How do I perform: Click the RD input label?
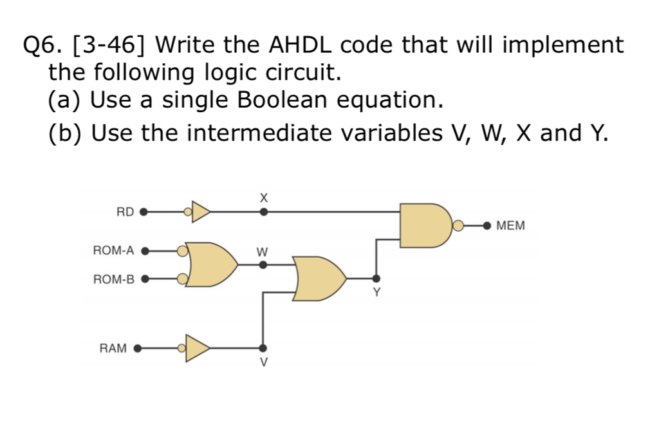[125, 211]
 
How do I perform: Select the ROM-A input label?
[113, 250]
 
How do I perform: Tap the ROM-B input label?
[113, 279]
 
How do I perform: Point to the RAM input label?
[113, 348]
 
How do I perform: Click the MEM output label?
[511, 226]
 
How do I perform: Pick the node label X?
[262, 197]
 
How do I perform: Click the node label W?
[262, 250]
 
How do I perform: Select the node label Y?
[377, 293]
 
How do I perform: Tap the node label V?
[262, 362]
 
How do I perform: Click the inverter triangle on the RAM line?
[197, 348]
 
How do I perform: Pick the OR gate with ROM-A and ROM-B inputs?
[209, 264]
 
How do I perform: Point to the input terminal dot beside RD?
[144, 211]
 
